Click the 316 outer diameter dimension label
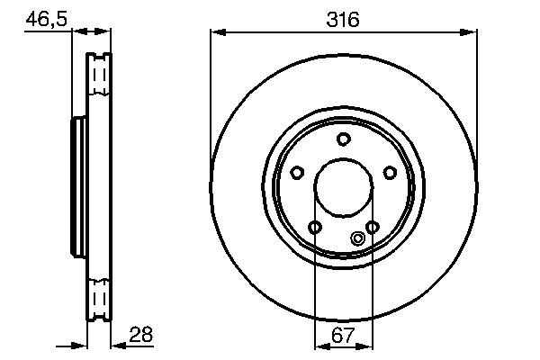pyautogui.click(x=343, y=18)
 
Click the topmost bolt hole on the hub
pyautogui.click(x=343, y=139)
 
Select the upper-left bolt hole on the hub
pyautogui.click(x=296, y=173)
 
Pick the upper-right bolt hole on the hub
pyautogui.click(x=390, y=173)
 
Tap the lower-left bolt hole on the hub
pyautogui.click(x=314, y=227)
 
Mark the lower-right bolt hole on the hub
pyautogui.click(x=372, y=227)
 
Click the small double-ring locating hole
pyautogui.click(x=357, y=238)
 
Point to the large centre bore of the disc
pyautogui.click(x=343, y=189)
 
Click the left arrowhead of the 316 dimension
pyautogui.click(x=216, y=32)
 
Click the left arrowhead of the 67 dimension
pyautogui.click(x=319, y=346)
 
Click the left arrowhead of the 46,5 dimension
pyautogui.click(x=76, y=32)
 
